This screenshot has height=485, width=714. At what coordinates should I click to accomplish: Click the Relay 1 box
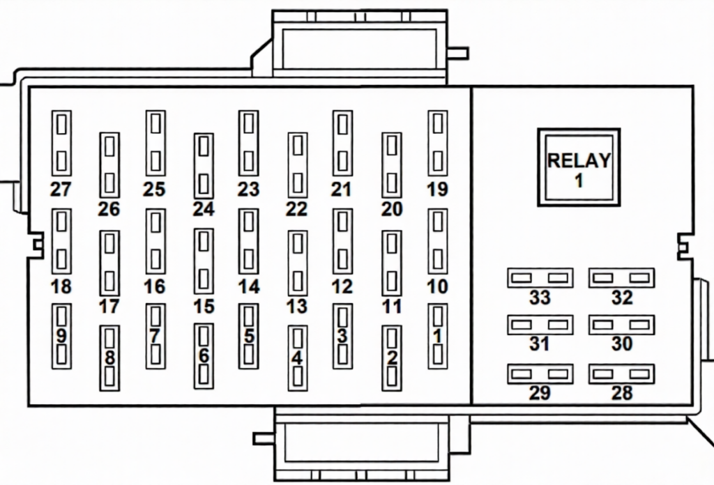click(x=579, y=167)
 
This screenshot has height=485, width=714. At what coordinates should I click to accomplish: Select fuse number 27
click(x=61, y=143)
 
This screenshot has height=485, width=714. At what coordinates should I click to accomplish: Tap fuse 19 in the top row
click(x=437, y=143)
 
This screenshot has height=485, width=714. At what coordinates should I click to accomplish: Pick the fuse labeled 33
click(x=540, y=278)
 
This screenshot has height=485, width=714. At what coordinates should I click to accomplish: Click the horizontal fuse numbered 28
click(x=621, y=374)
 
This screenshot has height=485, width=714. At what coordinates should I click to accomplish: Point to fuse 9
click(x=61, y=337)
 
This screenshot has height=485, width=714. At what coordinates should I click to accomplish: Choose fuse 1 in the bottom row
click(x=437, y=337)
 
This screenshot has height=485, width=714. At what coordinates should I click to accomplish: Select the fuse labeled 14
click(x=248, y=241)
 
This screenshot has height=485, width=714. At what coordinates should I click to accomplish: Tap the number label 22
click(x=297, y=209)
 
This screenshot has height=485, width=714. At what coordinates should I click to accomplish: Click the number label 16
click(x=155, y=286)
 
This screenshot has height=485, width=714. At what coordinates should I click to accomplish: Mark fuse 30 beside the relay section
click(x=621, y=325)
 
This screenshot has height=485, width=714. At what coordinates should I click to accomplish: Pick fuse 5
click(x=248, y=337)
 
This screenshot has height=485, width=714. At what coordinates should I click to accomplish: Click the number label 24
click(x=204, y=209)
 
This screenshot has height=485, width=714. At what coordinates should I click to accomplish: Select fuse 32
click(x=621, y=278)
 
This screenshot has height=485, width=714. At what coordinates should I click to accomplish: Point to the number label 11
click(x=392, y=307)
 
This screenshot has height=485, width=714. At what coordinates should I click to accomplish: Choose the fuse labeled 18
click(x=61, y=241)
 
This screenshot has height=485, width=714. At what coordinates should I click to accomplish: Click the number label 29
click(x=540, y=393)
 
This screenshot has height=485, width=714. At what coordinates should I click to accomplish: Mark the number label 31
click(x=540, y=344)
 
